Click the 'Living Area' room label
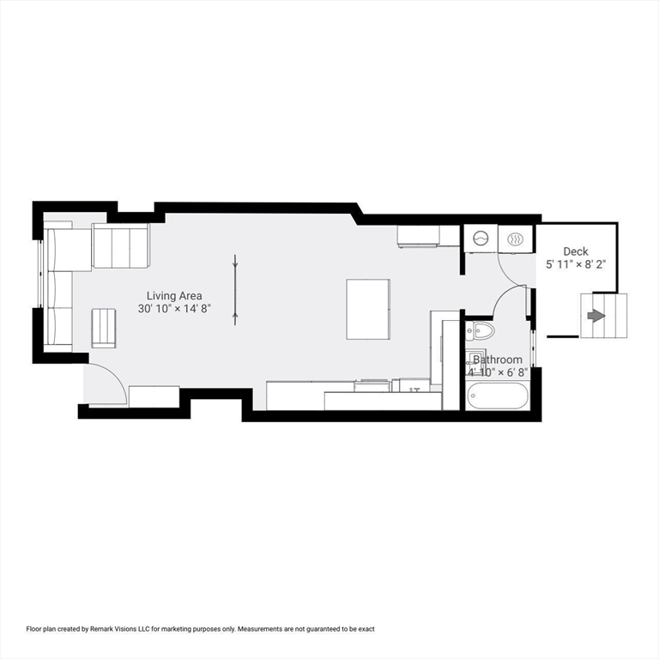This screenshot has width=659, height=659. coord(174,295)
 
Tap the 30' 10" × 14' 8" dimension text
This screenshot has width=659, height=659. coord(174,308)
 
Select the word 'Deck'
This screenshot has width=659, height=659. coord(576,251)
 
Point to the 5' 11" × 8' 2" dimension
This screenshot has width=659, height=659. coord(576,265)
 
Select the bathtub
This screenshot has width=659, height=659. coord(498,396)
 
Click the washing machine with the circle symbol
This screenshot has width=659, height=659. coord(481,238)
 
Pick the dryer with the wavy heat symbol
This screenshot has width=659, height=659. coord(517,238)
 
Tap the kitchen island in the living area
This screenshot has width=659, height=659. coord(368,309)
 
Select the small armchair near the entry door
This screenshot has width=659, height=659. coord(104,328)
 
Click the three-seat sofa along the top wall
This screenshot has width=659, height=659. coord(121,245)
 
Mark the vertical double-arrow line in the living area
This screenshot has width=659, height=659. coord(234,289)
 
